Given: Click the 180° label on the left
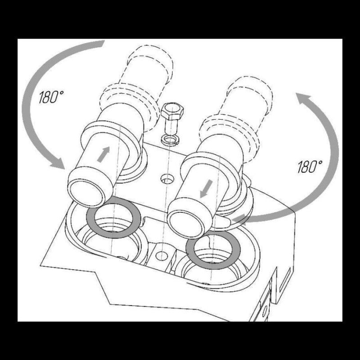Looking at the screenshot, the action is (x=51, y=97).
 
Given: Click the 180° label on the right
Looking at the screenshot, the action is (x=310, y=166).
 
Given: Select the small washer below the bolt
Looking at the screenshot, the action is (x=171, y=139).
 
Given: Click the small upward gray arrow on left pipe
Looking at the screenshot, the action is (x=103, y=154).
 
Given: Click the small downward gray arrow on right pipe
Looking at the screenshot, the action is (x=206, y=189).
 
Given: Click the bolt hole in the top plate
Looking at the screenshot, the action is (x=167, y=179).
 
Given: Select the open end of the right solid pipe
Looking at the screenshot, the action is (x=186, y=224).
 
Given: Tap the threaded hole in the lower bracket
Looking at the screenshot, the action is (x=162, y=255).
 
